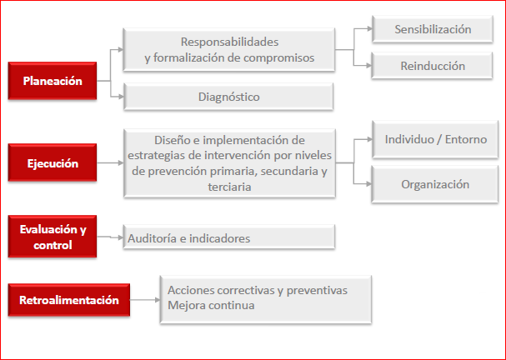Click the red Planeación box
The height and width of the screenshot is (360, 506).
tap(53, 81)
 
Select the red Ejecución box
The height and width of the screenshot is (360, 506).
tap(53, 162)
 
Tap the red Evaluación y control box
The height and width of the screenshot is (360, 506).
tap(53, 237)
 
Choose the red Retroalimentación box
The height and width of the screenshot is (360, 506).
tap(69, 300)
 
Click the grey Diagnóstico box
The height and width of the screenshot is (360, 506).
tap(228, 97)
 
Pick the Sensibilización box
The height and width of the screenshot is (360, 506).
tap(433, 29)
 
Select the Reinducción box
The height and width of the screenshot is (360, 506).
tap(432, 66)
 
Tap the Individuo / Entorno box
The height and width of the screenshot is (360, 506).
tap(435, 139)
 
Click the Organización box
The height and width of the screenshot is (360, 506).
tap(435, 184)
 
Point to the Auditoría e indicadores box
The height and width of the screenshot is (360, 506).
tap(229, 237)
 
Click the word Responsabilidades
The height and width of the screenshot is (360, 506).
tap(230, 42)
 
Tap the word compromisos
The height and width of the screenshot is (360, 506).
tap(278, 58)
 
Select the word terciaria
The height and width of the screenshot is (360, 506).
tap(229, 187)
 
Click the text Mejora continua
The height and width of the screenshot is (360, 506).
tap(211, 305)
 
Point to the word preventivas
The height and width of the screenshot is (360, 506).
tap(317, 290)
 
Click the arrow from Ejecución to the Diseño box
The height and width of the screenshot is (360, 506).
tap(110, 162)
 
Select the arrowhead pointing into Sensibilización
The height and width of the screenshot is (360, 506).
tap(369, 28)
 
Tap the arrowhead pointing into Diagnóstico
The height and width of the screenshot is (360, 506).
tap(121, 97)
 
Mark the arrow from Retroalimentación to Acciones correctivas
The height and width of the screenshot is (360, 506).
tap(145, 300)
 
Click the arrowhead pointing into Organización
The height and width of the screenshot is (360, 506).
tap(368, 184)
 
